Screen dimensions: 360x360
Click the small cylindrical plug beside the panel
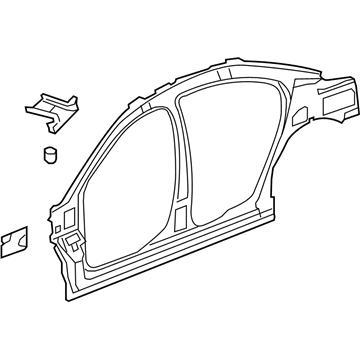click(48, 154)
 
